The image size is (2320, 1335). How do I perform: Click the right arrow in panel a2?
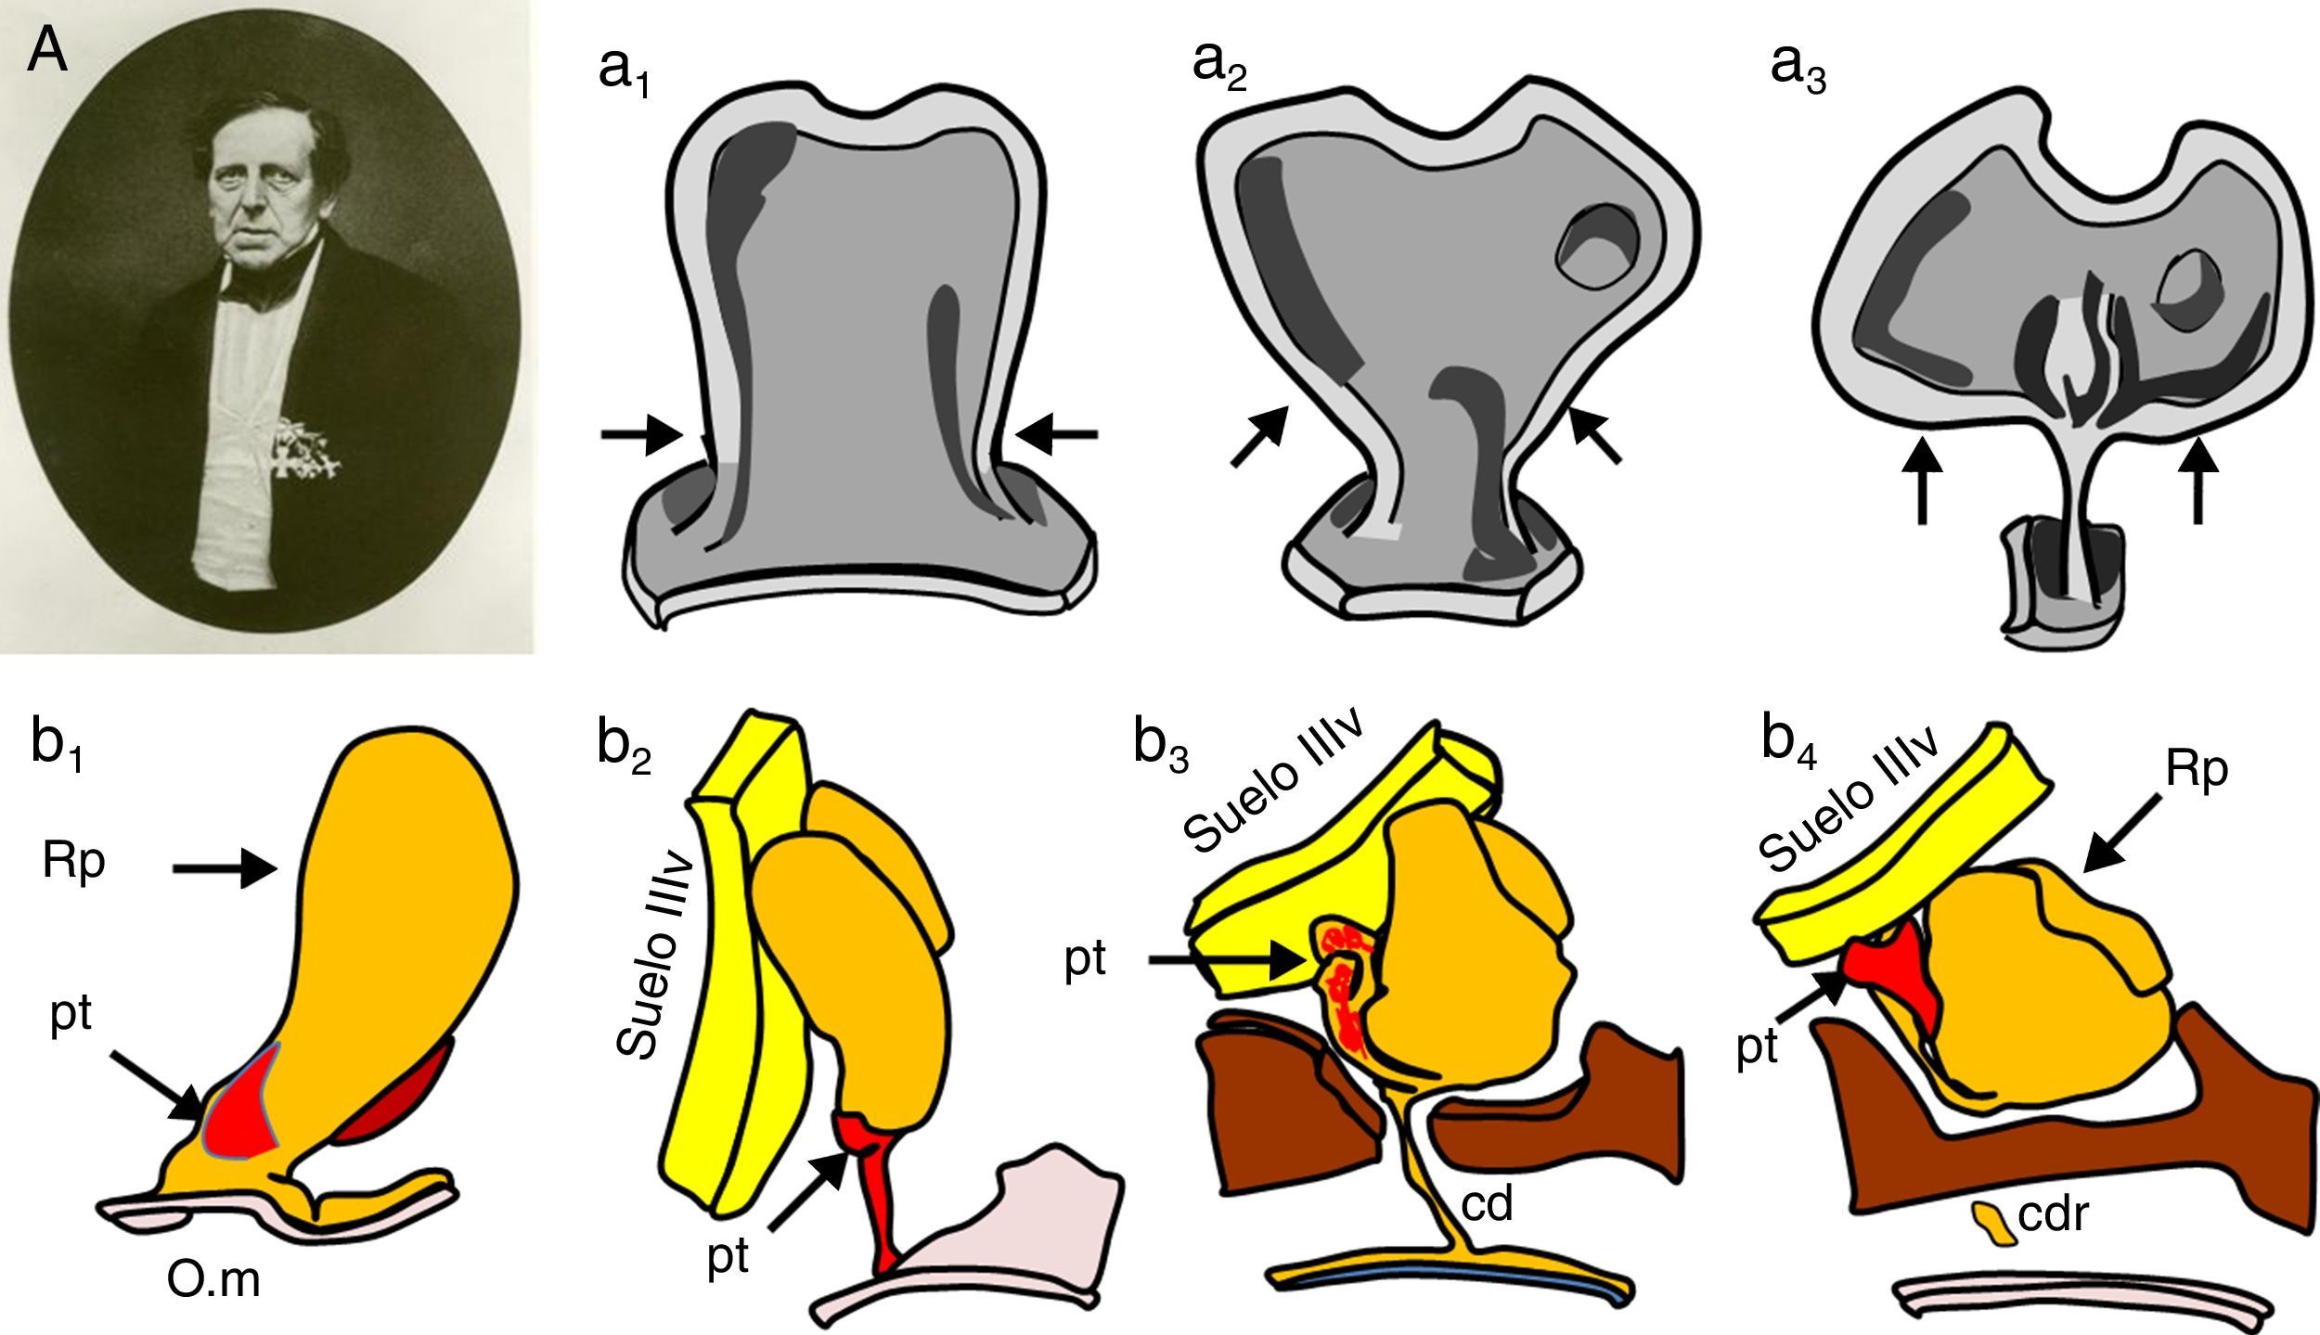1596,439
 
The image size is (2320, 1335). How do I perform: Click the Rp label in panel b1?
73,863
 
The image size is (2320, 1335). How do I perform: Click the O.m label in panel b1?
214,1282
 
